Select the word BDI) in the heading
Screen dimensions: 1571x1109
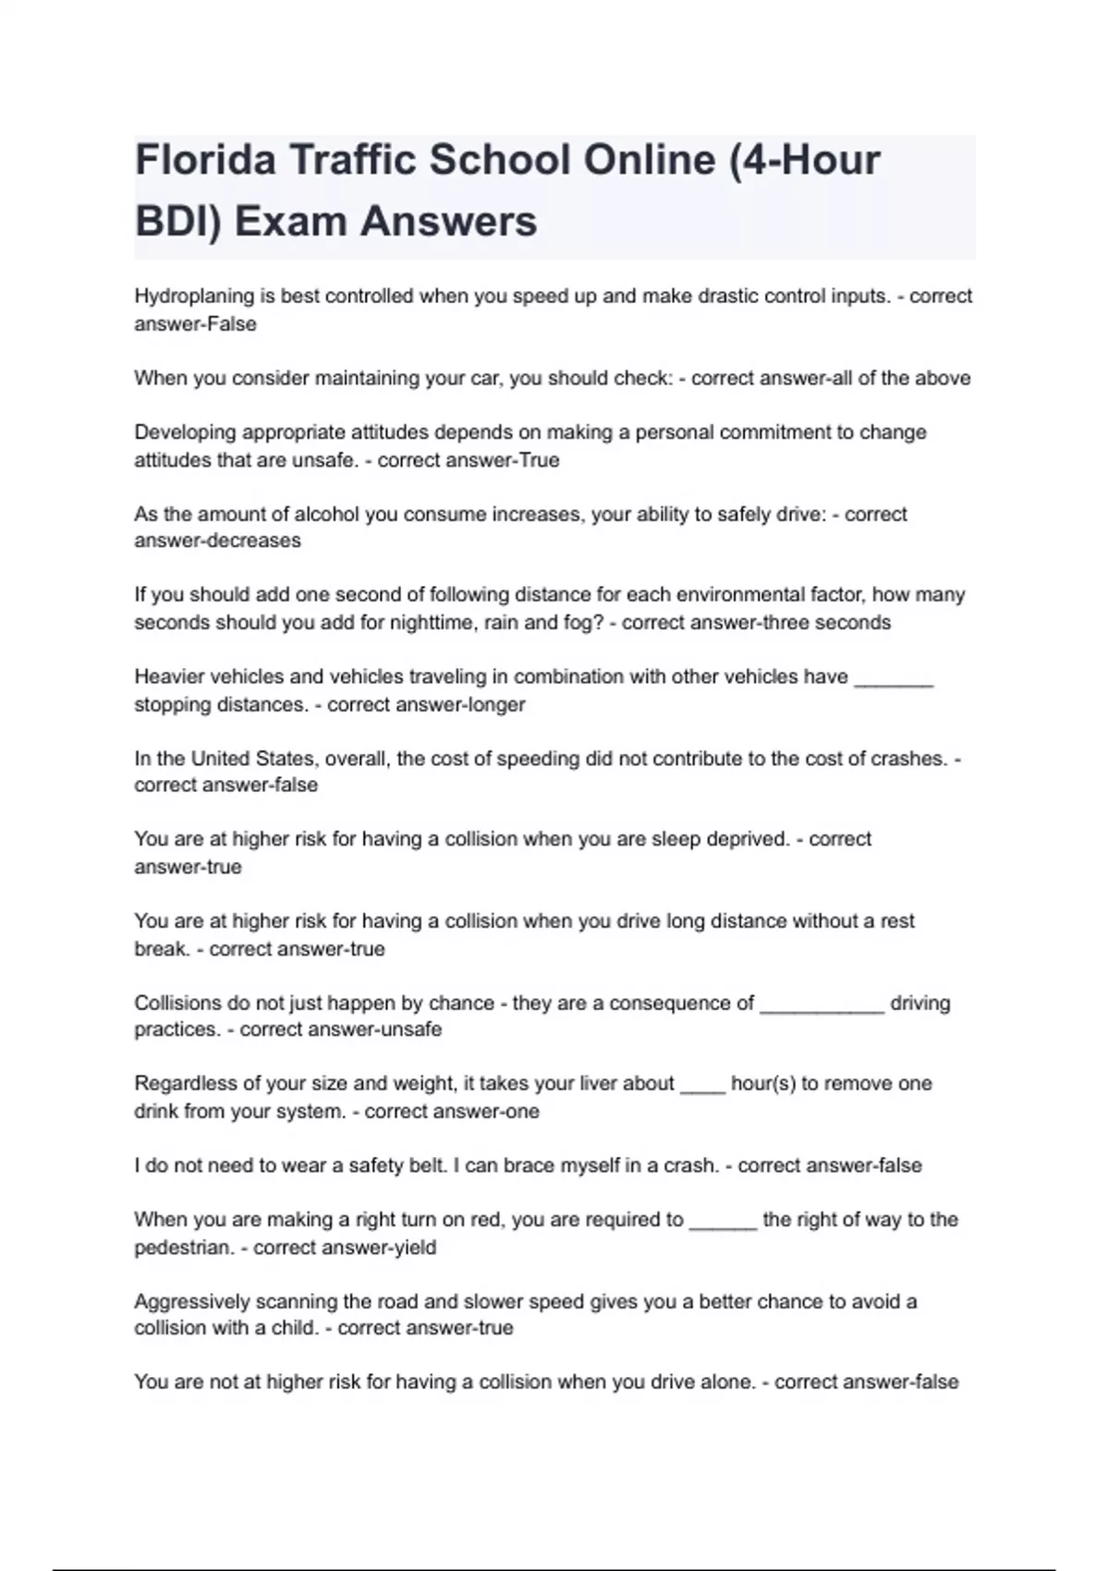(178, 222)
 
